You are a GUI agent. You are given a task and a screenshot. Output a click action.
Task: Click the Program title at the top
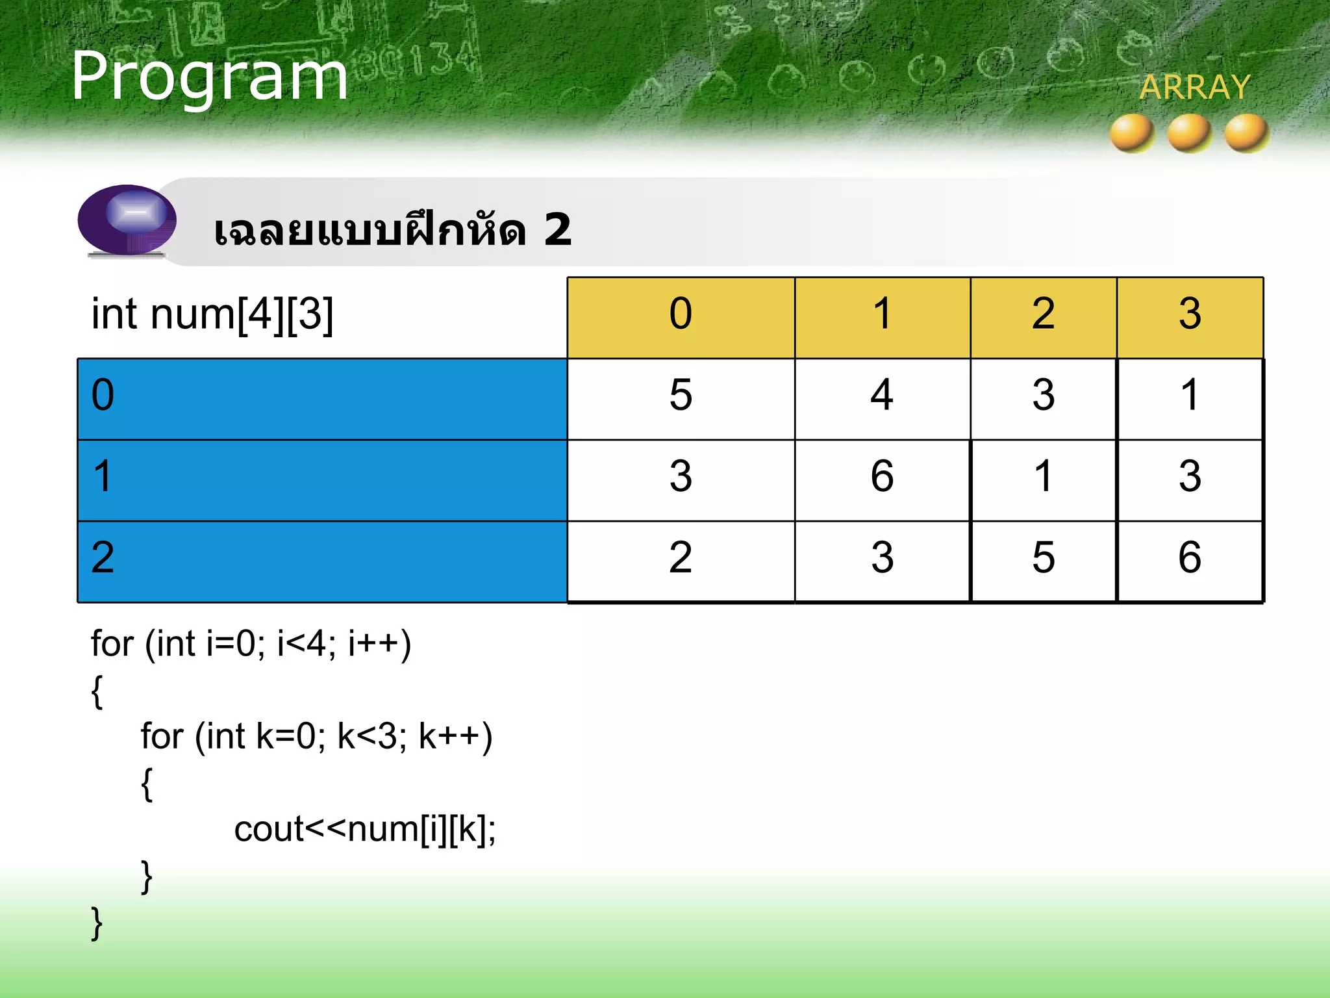209,77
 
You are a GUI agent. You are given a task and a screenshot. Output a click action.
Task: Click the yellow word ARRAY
1194,87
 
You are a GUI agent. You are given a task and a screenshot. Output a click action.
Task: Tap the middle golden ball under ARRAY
1189,133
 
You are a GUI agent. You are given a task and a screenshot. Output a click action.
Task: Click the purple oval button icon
127,219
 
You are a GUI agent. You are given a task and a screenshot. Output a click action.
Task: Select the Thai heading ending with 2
393,230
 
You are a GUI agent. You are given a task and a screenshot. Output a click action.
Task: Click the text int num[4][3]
212,314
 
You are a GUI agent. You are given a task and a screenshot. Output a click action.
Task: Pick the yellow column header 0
681,314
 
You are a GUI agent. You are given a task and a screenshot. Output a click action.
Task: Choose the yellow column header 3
1190,314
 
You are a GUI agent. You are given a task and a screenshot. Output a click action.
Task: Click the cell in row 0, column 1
882,395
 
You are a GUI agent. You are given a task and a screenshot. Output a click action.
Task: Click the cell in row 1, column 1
882,476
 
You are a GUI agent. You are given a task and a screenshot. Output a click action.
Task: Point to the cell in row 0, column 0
681,395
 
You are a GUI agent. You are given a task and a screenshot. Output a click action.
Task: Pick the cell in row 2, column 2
1043,557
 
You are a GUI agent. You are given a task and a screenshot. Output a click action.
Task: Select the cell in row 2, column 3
1190,557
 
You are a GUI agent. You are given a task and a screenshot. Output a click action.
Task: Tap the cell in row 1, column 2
1043,476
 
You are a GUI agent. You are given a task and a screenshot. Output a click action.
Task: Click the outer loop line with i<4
251,645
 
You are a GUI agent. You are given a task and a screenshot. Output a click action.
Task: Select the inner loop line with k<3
316,737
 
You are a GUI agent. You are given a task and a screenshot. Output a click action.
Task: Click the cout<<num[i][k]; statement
365,830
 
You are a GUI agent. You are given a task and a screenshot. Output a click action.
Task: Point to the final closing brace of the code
97,923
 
